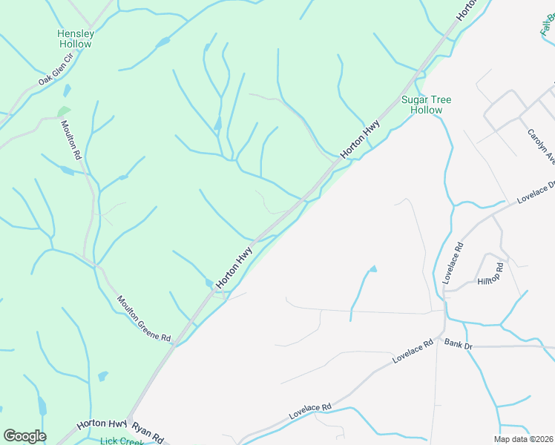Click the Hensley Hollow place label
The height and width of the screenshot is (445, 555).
76,39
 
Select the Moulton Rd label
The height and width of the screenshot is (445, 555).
70,141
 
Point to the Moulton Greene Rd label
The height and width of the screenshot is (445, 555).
144,319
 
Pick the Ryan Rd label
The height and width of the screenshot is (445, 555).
147,432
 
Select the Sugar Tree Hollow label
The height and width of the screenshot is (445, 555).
427,105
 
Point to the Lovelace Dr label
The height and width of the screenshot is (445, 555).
536,192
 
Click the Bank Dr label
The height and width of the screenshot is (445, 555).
459,343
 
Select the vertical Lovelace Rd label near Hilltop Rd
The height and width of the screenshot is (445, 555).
452,262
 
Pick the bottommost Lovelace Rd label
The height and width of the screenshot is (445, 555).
309,412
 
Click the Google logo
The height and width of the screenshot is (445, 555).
24,436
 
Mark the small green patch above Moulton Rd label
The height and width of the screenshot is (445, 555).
64,111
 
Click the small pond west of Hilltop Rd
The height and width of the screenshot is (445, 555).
372,268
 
